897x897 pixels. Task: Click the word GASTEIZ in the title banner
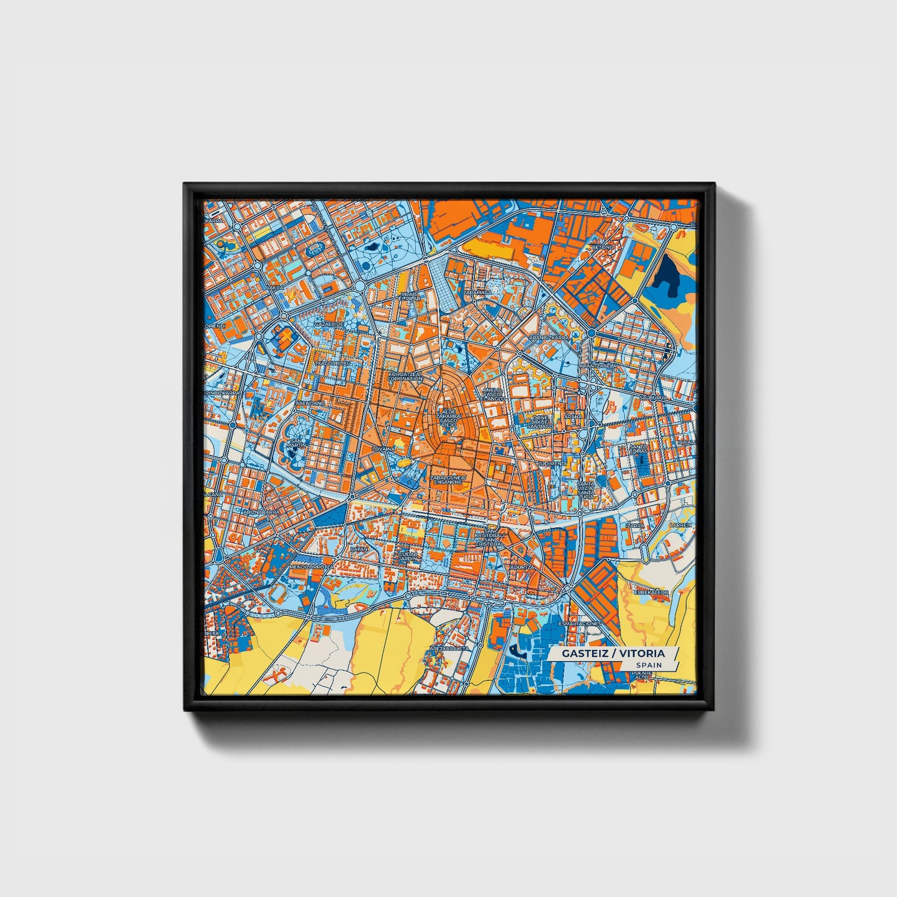coord(583,653)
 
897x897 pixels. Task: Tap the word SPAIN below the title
coord(648,665)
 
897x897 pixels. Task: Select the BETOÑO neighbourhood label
coord(602,246)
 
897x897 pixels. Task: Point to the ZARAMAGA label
coord(477,291)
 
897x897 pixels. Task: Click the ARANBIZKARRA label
coord(548,337)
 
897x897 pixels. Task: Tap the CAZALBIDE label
coord(329,323)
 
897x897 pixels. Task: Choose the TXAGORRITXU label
coord(333,363)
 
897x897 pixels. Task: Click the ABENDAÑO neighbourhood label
coord(310,403)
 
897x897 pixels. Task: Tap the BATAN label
coord(359,549)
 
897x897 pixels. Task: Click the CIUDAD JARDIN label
coord(408,556)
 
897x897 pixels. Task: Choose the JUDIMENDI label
coord(552,463)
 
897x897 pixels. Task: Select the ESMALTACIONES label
coord(580,623)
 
